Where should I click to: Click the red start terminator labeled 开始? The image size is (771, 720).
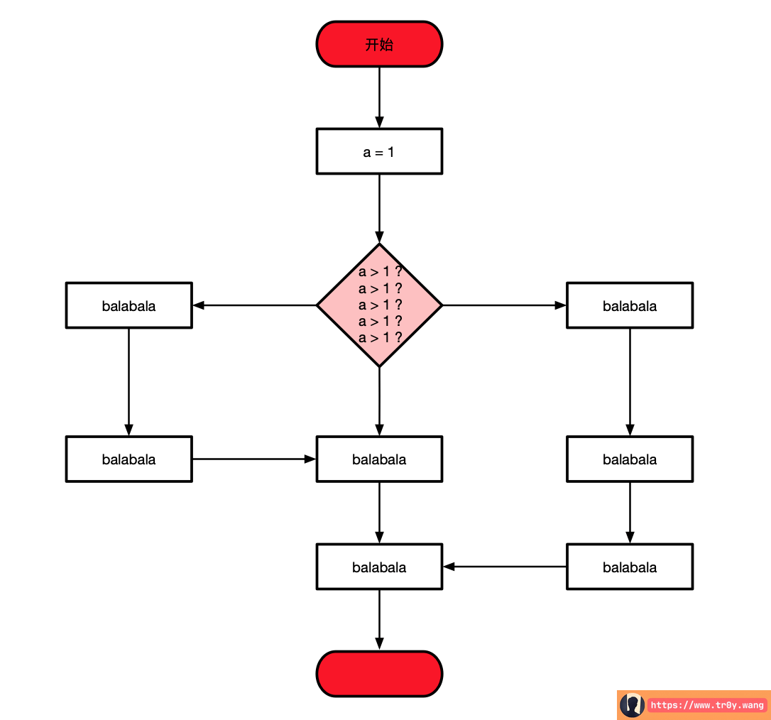pyautogui.click(x=379, y=44)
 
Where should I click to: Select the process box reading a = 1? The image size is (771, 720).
pyautogui.click(x=379, y=151)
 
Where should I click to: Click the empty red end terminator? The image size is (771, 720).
pyautogui.click(x=379, y=673)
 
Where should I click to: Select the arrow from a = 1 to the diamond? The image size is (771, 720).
pyautogui.click(x=379, y=207)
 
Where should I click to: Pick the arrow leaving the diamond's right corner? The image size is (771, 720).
pyautogui.click(x=504, y=305)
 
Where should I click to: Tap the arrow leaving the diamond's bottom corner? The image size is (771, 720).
pyautogui.click(x=379, y=401)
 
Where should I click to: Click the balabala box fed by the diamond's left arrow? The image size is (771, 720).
pyautogui.click(x=128, y=305)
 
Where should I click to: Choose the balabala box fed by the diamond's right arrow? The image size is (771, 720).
pyautogui.click(x=629, y=305)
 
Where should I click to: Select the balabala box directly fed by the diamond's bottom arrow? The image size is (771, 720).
pyautogui.click(x=379, y=459)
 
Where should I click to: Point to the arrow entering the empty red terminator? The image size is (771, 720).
pyautogui.click(x=379, y=619)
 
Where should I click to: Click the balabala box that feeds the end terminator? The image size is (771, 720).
pyautogui.click(x=379, y=567)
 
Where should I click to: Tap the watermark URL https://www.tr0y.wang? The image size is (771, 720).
pyautogui.click(x=707, y=705)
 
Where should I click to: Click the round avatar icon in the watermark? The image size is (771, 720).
pyautogui.click(x=632, y=705)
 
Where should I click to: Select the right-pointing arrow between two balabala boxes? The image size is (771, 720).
pyautogui.click(x=254, y=459)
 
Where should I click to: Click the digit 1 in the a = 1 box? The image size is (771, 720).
pyautogui.click(x=391, y=152)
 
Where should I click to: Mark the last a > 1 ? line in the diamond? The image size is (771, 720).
pyautogui.click(x=381, y=338)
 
